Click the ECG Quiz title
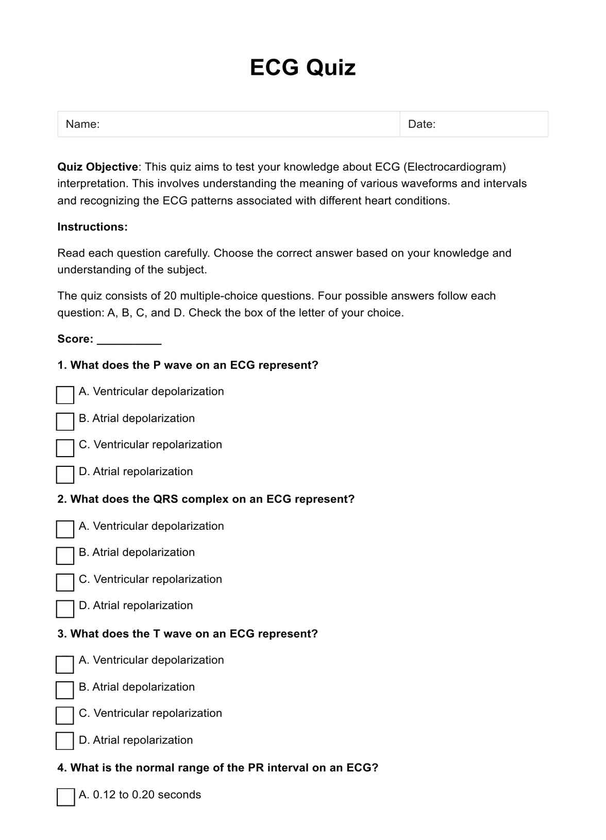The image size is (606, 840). click(x=302, y=68)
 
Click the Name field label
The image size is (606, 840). click(x=82, y=124)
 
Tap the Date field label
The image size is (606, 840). click(x=422, y=124)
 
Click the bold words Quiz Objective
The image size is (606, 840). click(x=97, y=167)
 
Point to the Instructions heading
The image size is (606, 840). click(x=92, y=227)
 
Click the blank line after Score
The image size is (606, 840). click(x=129, y=340)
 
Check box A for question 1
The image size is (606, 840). click(x=65, y=395)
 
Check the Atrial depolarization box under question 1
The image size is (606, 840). click(x=65, y=422)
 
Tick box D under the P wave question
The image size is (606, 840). click(x=65, y=475)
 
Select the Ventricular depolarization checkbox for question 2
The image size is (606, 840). click(x=65, y=529)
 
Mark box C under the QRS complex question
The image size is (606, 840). click(x=65, y=582)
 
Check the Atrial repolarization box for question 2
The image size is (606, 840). click(x=65, y=609)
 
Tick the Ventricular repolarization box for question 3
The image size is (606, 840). click(x=64, y=715)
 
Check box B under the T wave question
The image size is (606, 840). click(x=64, y=690)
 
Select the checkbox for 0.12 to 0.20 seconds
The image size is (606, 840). click(x=65, y=797)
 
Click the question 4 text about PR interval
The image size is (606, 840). click(x=217, y=768)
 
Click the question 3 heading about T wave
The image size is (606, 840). click(x=188, y=634)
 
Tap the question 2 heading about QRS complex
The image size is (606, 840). click(x=206, y=499)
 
